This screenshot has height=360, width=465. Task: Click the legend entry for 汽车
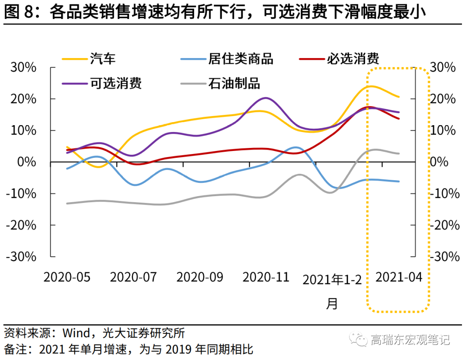tap(103, 58)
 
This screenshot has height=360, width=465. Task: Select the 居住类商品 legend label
tap(241, 58)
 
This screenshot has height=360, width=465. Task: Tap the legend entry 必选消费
tap(353, 58)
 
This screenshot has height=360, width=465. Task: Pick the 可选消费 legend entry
tap(116, 83)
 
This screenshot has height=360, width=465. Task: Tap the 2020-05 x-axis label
tap(67, 277)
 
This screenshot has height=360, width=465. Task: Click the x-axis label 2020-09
tap(200, 277)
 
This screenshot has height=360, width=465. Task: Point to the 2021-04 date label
tap(399, 277)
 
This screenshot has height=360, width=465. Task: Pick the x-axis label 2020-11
tap(266, 277)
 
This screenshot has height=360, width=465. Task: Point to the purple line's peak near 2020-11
tap(265, 98)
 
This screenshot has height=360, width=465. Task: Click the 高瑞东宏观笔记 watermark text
tap(410, 340)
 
